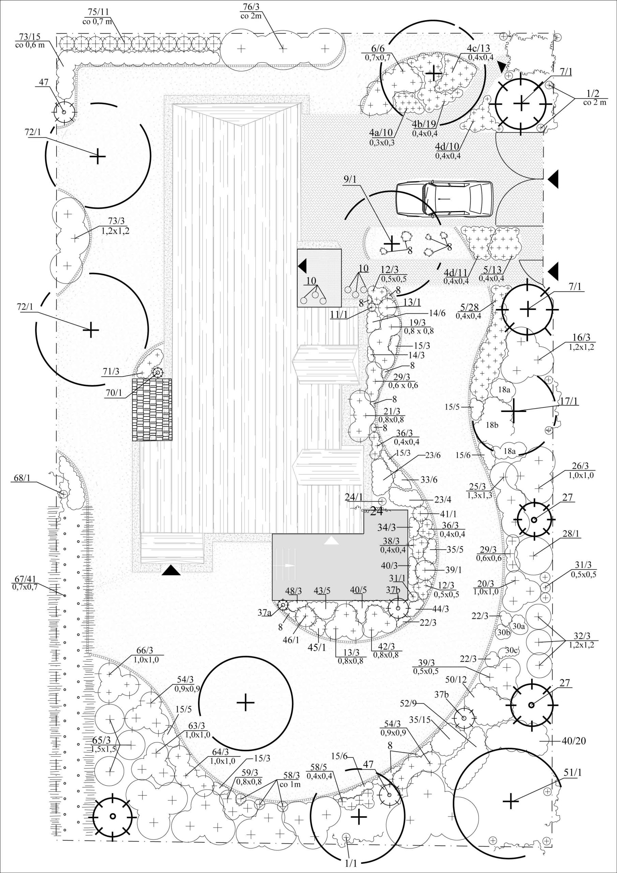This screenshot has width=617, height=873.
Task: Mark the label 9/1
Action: click(x=349, y=179)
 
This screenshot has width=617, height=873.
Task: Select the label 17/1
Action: click(x=569, y=401)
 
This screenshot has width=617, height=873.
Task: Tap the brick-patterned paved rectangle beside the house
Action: click(x=152, y=410)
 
